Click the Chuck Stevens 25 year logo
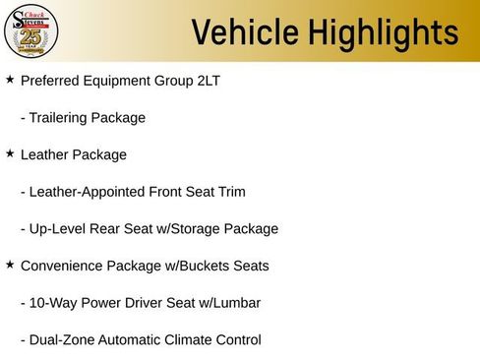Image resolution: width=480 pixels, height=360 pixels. click(31, 31)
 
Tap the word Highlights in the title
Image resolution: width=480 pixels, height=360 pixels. click(376, 33)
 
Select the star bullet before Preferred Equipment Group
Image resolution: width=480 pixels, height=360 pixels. click(10, 79)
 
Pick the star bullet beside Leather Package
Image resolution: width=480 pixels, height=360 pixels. click(10, 153)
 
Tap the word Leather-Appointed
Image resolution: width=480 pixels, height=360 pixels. click(88, 192)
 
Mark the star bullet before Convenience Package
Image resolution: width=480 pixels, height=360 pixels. click(10, 265)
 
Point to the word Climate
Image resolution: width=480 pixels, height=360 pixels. click(203, 340)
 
